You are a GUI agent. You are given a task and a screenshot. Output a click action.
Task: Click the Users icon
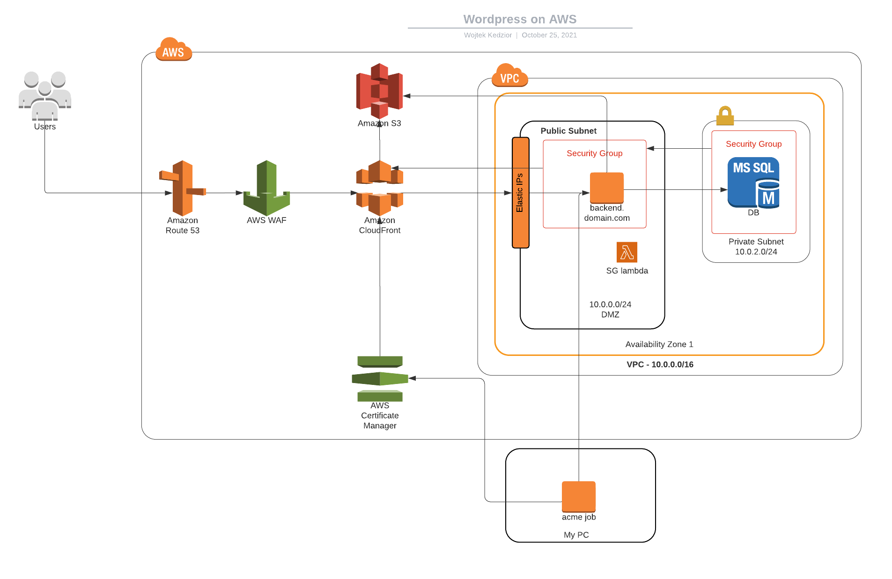click(45, 96)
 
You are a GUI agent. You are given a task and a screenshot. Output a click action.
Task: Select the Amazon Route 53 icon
click(183, 188)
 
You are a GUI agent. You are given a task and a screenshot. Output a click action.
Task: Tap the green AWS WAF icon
click(267, 188)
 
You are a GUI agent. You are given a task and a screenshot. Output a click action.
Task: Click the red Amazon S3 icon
click(380, 91)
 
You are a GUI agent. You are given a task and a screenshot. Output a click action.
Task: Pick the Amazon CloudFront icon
click(380, 188)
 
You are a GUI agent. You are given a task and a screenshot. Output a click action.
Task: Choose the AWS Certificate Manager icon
click(380, 378)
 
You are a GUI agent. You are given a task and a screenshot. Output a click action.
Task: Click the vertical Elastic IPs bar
click(520, 192)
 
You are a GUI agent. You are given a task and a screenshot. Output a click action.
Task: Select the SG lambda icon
click(627, 253)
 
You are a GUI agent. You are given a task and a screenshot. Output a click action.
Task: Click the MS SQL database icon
click(753, 182)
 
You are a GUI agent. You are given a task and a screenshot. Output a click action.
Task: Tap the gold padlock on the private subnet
click(725, 116)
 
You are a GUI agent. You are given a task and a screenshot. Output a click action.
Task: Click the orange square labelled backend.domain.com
click(607, 188)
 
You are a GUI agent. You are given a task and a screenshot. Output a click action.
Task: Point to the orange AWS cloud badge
click(173, 50)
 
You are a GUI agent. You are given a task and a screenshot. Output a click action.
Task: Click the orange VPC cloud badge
click(509, 76)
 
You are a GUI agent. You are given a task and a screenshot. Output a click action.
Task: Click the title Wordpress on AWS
click(520, 19)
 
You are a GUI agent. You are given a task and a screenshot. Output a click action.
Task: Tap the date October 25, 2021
click(549, 35)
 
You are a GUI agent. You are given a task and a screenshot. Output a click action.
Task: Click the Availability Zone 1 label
click(659, 344)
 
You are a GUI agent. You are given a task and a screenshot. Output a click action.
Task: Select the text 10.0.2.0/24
click(756, 252)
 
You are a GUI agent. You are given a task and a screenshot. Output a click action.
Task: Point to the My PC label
click(576, 535)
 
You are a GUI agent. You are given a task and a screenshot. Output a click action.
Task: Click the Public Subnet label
click(568, 130)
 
